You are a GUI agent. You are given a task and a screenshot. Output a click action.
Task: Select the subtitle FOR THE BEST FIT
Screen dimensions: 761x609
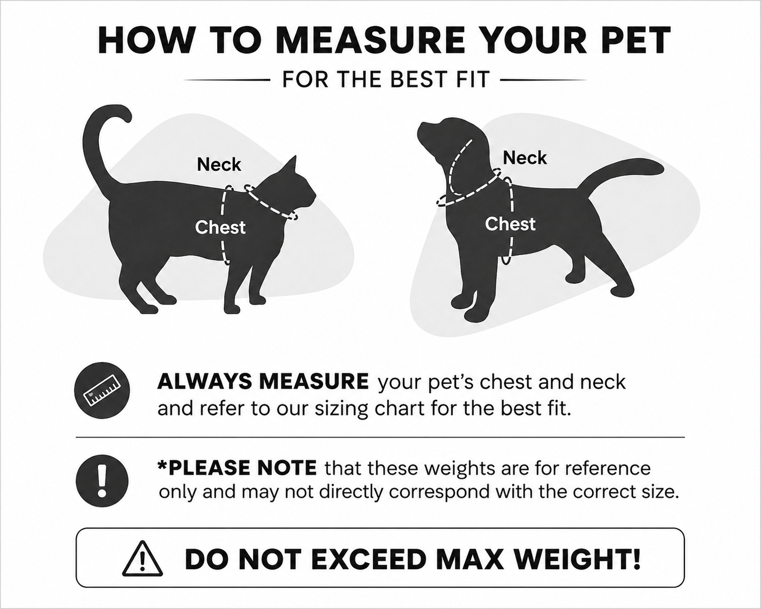click(386, 80)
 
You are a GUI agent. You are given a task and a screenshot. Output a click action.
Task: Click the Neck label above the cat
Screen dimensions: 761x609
click(219, 164)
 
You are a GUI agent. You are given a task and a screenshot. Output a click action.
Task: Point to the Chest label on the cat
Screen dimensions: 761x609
click(220, 227)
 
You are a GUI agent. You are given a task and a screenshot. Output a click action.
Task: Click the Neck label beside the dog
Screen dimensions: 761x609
click(525, 157)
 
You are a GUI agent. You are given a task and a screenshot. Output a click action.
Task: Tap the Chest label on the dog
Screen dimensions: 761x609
click(510, 224)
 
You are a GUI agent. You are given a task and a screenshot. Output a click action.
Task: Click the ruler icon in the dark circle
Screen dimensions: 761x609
click(102, 390)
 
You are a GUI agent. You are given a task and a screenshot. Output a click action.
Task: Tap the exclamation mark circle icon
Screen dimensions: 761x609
click(102, 480)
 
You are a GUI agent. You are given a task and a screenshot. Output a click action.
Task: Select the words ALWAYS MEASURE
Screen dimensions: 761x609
click(263, 382)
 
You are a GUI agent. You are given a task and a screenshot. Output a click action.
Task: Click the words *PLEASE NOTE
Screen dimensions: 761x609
click(237, 467)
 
